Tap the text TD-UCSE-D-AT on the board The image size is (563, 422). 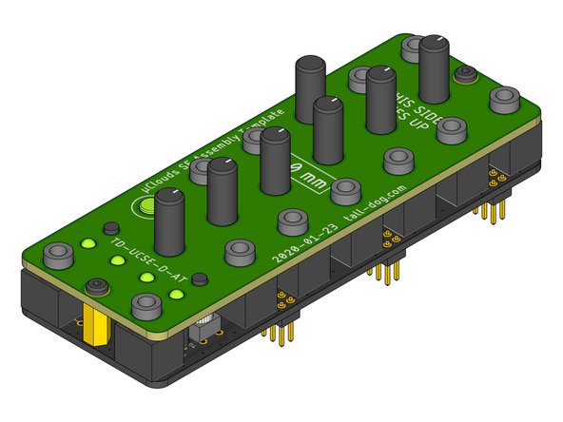coord(143,263)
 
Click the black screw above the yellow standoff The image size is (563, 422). coord(96,286)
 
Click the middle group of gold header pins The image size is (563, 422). coord(385,261)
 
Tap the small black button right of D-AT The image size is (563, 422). coord(199,279)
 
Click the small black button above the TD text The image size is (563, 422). coord(110,229)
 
